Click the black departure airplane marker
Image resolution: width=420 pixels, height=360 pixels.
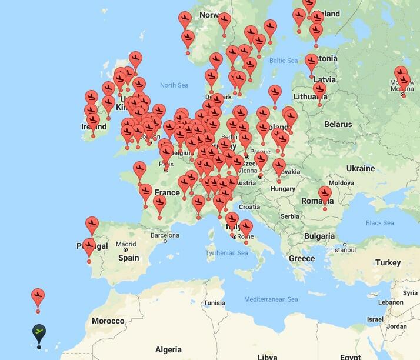(x=39, y=333)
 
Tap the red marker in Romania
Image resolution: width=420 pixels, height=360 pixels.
(x=325, y=194)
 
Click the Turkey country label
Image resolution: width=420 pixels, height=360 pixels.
(x=388, y=262)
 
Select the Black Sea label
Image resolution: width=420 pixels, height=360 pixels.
(x=379, y=223)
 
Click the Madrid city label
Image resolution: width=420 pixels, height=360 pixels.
(x=126, y=244)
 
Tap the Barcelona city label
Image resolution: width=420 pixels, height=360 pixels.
(x=165, y=235)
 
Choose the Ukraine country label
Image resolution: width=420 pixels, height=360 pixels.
(x=360, y=168)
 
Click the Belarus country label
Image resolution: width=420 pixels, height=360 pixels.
(x=338, y=124)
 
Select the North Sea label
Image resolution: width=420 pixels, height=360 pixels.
(x=174, y=85)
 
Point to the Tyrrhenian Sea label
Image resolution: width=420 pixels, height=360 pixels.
(x=226, y=253)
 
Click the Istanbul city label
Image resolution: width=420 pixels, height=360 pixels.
(x=344, y=249)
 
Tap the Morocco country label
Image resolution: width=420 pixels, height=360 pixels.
(x=108, y=321)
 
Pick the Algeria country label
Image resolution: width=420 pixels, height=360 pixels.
(x=168, y=349)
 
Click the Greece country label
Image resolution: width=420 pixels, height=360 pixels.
(x=302, y=258)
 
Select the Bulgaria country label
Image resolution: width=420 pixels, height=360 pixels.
(x=319, y=236)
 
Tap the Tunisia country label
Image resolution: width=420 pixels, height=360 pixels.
(x=214, y=303)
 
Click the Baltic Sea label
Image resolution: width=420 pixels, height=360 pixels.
(x=284, y=61)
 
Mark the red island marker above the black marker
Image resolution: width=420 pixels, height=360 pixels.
(x=38, y=296)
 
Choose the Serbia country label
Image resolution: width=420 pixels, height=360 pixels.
(x=289, y=216)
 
